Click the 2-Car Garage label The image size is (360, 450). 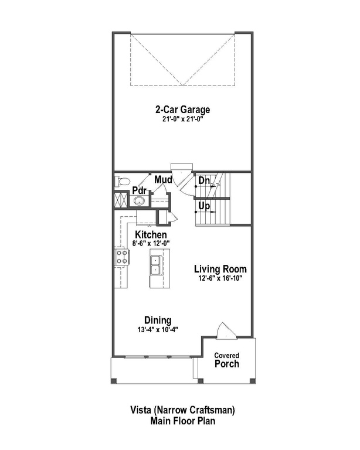point(182,110)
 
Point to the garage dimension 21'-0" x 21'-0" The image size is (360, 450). point(182,119)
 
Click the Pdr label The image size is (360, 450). point(138,190)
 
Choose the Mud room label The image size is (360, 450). point(163,180)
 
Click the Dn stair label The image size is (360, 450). point(203,182)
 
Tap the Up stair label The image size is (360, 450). point(203,207)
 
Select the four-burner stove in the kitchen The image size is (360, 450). point(122,256)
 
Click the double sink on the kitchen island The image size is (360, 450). point(157,265)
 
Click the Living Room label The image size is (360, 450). point(220,269)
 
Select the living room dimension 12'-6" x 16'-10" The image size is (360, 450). point(220,278)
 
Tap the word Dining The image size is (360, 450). point(158,320)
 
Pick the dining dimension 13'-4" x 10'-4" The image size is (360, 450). point(158,329)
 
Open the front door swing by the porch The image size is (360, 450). point(225,331)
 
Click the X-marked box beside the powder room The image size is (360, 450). point(121,199)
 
